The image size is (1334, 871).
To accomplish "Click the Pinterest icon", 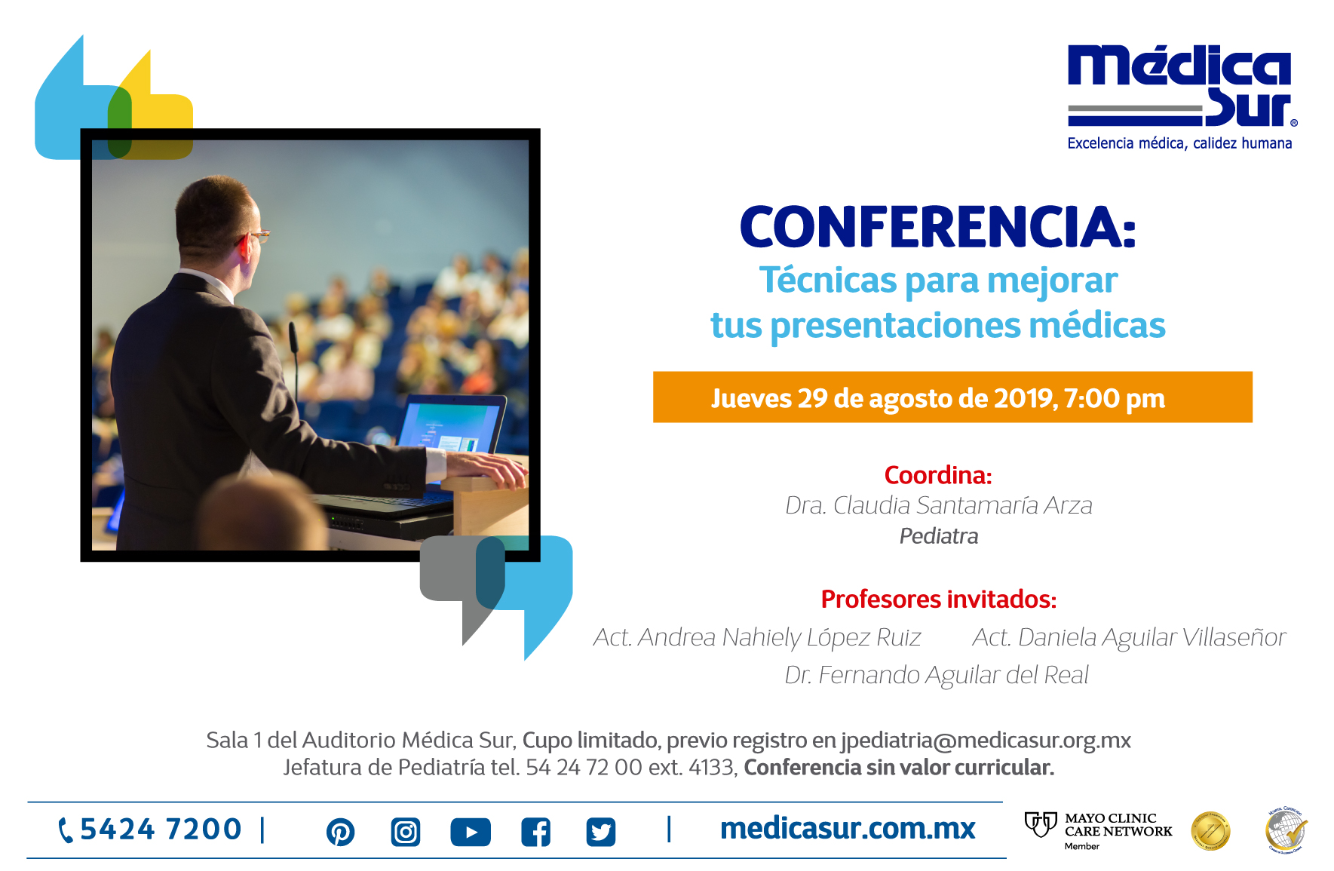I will click(340, 832).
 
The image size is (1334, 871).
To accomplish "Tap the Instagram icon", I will click(406, 832).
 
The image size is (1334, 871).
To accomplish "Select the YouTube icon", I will click(471, 832).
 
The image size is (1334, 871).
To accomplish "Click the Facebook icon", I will click(535, 832).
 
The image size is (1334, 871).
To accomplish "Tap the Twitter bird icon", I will click(601, 832).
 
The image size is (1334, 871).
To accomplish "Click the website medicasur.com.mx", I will click(848, 829).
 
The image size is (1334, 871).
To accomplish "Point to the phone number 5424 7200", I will click(160, 830).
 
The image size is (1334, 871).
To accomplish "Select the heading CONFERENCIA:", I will click(937, 227).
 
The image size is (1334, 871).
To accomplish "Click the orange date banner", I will click(952, 397).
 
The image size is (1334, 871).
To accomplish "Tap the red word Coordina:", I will click(937, 475).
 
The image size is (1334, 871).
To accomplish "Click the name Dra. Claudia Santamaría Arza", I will click(938, 505).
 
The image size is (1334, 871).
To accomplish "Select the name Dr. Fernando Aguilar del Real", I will click(937, 675).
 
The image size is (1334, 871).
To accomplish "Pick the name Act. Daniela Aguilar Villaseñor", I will click(1128, 638).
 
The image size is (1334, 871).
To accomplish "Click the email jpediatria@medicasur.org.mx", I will click(986, 741).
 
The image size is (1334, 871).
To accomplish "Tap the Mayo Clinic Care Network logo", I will click(1099, 830).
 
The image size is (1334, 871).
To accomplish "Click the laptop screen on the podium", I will click(452, 425).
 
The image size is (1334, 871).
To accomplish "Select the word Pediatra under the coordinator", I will click(938, 536).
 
